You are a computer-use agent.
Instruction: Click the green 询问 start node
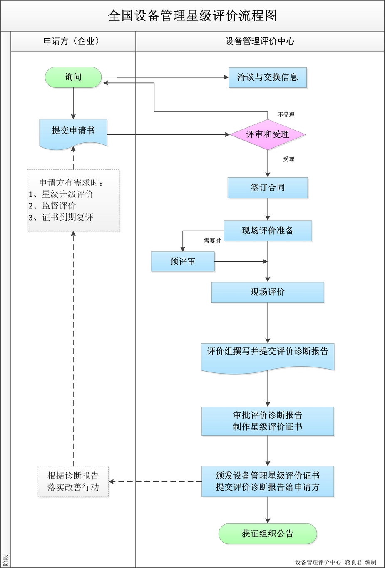click(73, 77)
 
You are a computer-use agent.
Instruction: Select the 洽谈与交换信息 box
click(267, 77)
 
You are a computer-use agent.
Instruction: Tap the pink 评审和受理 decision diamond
click(268, 134)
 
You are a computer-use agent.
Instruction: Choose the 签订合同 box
click(268, 188)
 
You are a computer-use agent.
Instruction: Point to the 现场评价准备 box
click(268, 231)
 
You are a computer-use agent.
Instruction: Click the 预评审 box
click(182, 261)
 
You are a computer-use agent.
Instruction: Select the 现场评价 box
click(268, 292)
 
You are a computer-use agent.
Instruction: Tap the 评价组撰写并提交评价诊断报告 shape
click(268, 355)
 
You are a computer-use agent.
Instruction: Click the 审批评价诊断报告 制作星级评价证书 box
click(268, 421)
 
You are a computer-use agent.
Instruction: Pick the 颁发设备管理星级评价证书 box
click(268, 481)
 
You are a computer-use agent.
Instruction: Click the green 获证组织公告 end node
click(268, 533)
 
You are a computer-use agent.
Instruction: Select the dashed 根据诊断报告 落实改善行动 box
click(73, 481)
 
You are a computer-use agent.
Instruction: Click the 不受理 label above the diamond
click(286, 114)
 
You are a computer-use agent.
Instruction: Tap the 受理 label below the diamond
click(288, 159)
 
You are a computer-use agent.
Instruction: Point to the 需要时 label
click(212, 241)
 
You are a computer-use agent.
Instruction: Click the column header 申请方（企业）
click(73, 41)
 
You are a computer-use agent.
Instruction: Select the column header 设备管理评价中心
click(260, 41)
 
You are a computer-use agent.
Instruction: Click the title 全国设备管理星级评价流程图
click(192, 16)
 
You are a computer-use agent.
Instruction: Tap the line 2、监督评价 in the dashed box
click(52, 206)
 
